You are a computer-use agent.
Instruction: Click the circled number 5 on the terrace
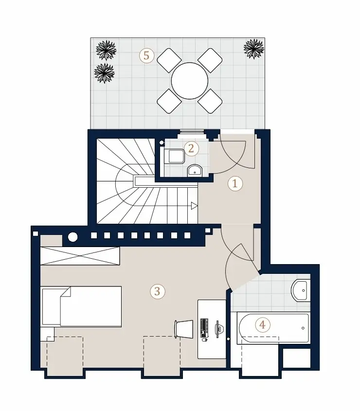pyautogui.click(x=146, y=55)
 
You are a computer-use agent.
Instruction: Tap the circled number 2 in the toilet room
pyautogui.click(x=191, y=149)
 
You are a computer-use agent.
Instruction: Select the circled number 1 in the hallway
pyautogui.click(x=235, y=183)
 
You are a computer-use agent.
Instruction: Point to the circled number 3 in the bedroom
pyautogui.click(x=157, y=291)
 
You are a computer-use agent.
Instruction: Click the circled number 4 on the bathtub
pyautogui.click(x=262, y=325)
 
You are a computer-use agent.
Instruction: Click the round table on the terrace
pyautogui.click(x=190, y=81)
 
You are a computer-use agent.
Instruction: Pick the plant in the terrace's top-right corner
pyautogui.click(x=254, y=49)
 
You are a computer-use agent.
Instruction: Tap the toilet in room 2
pyautogui.click(x=174, y=156)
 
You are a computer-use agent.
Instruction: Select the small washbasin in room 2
pyautogui.click(x=195, y=170)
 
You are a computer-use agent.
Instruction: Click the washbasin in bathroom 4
pyautogui.click(x=301, y=290)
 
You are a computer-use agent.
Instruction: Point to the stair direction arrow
pyautogui.click(x=194, y=206)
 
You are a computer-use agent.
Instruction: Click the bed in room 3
pyautogui.click(x=81, y=306)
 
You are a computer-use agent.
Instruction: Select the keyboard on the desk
pyautogui.click(x=204, y=328)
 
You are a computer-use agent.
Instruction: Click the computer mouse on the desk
pyautogui.click(x=205, y=340)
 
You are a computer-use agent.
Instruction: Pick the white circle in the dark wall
pyautogui.click(x=73, y=237)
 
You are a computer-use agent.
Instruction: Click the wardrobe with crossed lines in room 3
pyautogui.click(x=80, y=255)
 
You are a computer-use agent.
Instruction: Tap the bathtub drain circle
pyautogui.click(x=303, y=328)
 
